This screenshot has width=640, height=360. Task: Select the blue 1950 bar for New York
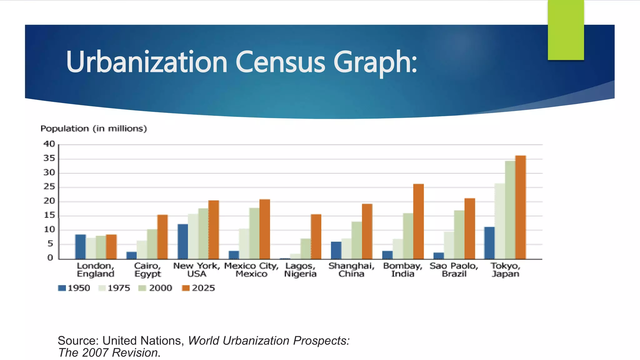pos(182,242)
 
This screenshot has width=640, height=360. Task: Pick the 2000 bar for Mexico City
pos(254,233)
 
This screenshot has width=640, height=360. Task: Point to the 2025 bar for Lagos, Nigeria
pos(316,237)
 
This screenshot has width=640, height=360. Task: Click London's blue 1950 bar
pos(80,247)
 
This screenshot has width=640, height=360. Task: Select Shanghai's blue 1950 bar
pos(336,250)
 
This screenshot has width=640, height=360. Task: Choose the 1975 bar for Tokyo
pos(500,221)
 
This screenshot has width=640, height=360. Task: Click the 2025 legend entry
pos(199,288)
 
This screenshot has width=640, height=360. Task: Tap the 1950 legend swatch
pos(62,288)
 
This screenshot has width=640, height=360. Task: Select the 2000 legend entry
pos(155,288)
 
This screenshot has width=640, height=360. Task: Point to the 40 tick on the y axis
pos(49,144)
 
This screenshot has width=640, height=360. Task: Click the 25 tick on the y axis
pos(49,187)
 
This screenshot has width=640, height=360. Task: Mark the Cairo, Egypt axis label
pos(147,270)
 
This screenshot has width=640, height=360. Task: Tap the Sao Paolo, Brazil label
pos(454,270)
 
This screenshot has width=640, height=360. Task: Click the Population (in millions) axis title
pos(93,129)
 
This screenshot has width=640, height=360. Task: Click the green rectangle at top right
pos(566,30)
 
